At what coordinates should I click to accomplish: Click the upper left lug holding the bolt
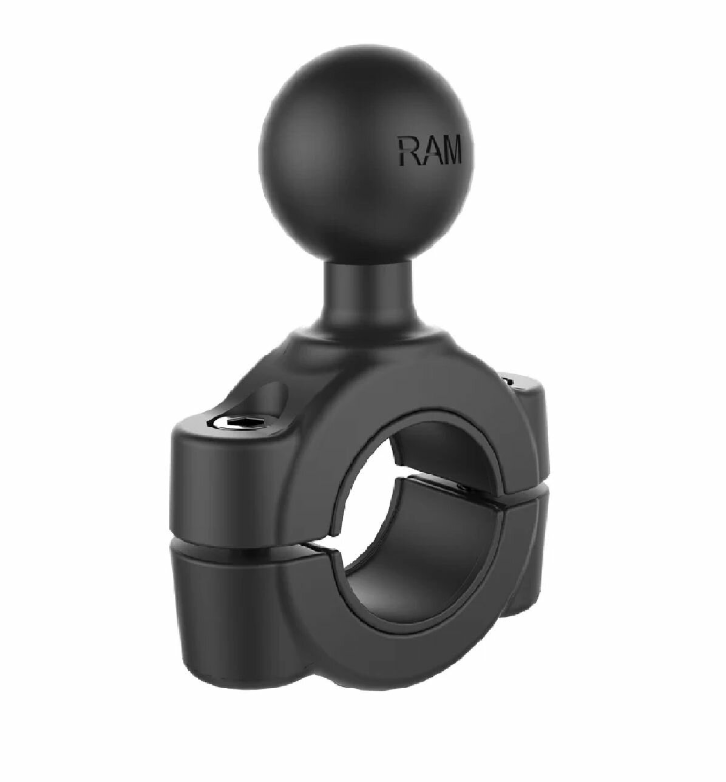point(219,467)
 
